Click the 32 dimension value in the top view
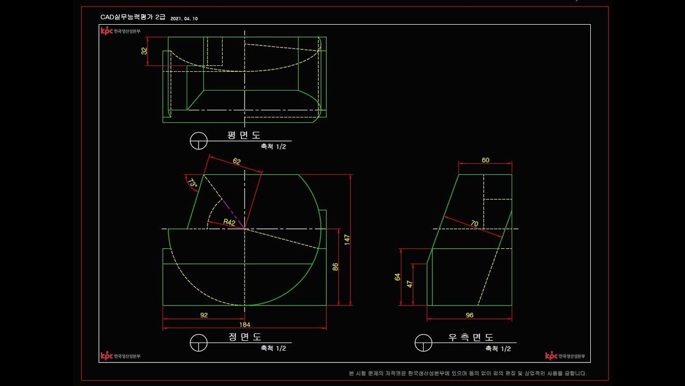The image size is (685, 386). coord(144,51)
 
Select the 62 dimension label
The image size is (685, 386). coord(237,161)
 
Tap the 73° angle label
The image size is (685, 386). coord(192,183)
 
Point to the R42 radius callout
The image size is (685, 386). coord(229,222)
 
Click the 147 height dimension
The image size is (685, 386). coord(347,240)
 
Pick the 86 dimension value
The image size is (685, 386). coord(335,267)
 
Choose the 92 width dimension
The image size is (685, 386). coord(204,315)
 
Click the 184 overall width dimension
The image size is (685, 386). coord(245,324)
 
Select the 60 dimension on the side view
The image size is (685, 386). coord(485,160)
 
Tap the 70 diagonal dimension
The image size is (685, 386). coord(474,224)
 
